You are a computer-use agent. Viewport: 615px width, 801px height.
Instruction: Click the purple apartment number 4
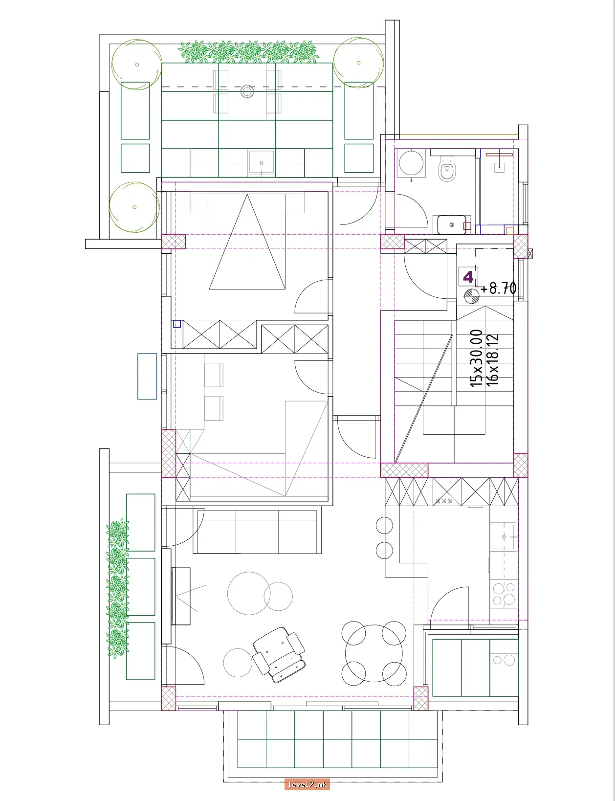pyautogui.click(x=468, y=276)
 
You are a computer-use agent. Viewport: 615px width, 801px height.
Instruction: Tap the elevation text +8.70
pyautogui.click(x=499, y=288)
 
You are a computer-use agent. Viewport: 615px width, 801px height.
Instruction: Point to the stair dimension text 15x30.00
pyautogui.click(x=477, y=358)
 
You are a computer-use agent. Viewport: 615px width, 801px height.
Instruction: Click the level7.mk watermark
pyautogui.click(x=307, y=784)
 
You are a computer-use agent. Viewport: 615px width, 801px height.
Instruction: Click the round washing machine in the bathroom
pyautogui.click(x=411, y=162)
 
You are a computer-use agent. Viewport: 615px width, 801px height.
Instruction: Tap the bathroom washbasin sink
pyautogui.click(x=452, y=224)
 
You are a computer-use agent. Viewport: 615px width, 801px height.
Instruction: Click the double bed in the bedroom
pyautogui.click(x=247, y=241)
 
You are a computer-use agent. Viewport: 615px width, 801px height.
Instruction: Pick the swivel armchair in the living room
pyautogui.click(x=279, y=654)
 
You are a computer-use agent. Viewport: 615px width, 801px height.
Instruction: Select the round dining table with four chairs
pyautogui.click(x=373, y=653)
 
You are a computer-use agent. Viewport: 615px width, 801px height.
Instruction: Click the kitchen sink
pyautogui.click(x=504, y=537)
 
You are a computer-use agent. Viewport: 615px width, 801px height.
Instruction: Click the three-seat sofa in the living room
pyautogui.click(x=257, y=531)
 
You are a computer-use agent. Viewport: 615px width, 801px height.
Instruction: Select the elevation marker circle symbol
pyautogui.click(x=471, y=296)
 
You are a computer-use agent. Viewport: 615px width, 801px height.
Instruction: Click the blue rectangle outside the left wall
pyautogui.click(x=147, y=376)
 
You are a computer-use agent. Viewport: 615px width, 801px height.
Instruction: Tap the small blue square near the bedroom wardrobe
pyautogui.click(x=177, y=324)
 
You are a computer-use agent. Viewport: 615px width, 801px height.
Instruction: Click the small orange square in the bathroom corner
pyautogui.click(x=510, y=231)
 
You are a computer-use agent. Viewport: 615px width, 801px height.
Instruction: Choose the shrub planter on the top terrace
pyautogui.click(x=248, y=52)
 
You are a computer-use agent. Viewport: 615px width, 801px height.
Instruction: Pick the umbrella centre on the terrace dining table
pyautogui.click(x=247, y=91)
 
